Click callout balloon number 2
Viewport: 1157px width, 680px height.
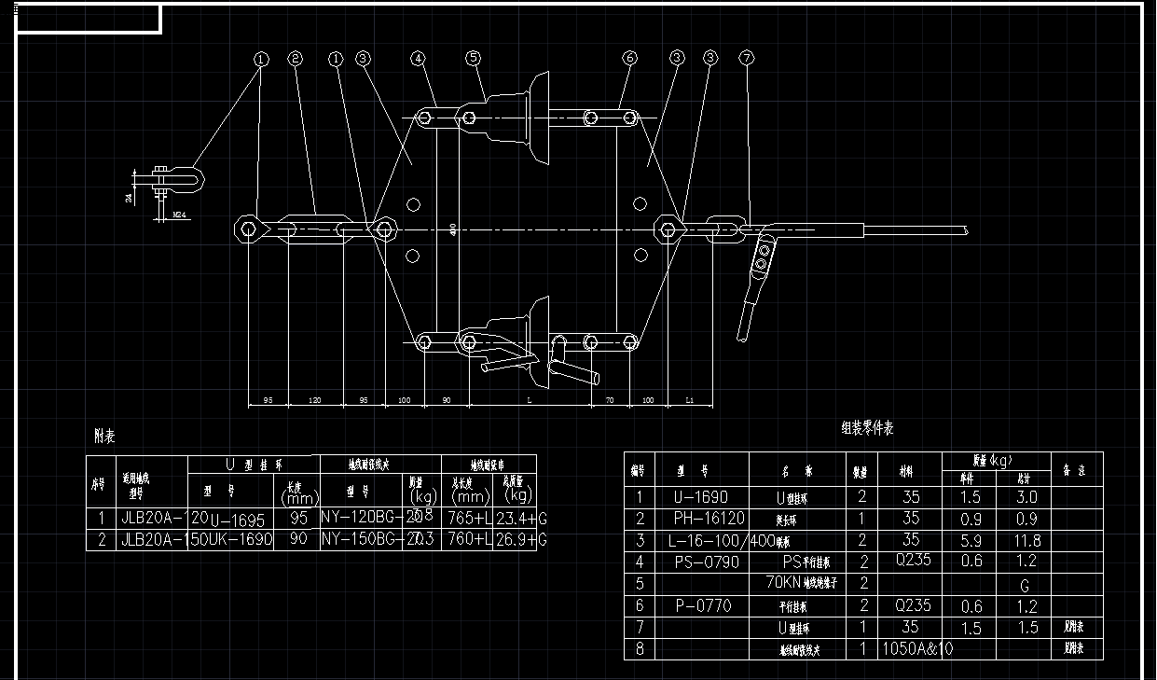296,59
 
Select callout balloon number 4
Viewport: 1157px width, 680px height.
419,59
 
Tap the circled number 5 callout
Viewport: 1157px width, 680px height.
474,59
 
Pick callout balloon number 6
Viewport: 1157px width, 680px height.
629,59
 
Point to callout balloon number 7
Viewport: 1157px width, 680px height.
746,59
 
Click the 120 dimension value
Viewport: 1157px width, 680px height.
315,399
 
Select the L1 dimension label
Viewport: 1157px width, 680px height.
690,399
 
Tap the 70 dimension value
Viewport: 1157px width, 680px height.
610,399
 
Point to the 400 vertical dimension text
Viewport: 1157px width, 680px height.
453,229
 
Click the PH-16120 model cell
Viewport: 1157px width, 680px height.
709,519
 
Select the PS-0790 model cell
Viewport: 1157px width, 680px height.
705,562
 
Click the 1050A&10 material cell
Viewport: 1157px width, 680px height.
917,648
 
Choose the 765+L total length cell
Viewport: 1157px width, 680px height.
469,517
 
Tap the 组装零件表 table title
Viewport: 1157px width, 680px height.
867,428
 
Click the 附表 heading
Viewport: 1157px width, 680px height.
104,436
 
